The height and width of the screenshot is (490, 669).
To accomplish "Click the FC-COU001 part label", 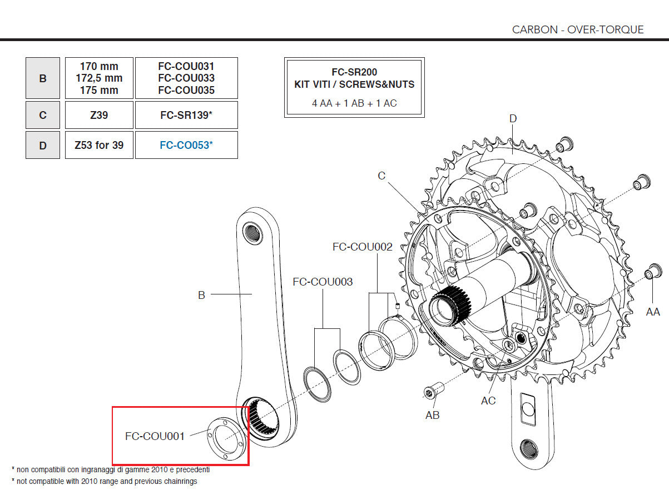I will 155,436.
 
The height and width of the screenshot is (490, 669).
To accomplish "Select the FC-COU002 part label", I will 362,247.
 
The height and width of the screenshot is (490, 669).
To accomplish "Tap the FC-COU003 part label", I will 323,282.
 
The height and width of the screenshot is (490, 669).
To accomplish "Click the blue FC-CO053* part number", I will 186,145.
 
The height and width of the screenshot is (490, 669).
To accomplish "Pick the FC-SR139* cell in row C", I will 186,115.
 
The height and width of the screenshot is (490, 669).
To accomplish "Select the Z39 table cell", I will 99,115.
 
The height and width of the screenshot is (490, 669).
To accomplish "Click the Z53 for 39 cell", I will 99,145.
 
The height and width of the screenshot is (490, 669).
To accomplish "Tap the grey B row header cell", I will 43,78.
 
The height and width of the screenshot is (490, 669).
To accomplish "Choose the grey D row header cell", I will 43,145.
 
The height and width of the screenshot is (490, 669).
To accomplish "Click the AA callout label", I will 653,312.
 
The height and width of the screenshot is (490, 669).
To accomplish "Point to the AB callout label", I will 432,415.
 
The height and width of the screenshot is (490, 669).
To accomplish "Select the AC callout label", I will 488,401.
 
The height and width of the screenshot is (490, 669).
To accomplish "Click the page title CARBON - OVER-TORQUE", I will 578,29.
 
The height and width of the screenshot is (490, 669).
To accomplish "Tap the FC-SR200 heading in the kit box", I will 354,73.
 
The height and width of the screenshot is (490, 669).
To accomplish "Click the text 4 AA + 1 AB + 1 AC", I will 354,103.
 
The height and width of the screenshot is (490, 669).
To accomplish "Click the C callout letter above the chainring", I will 381,176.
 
